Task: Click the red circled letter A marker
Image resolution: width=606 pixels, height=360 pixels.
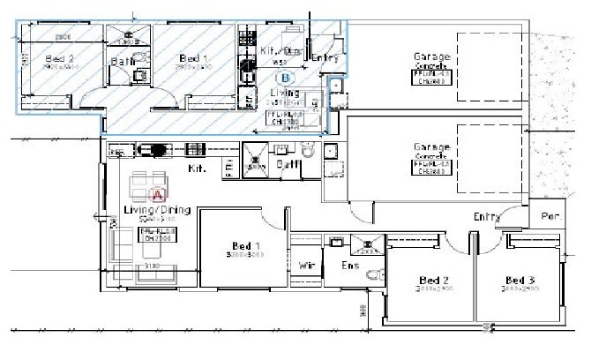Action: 159,191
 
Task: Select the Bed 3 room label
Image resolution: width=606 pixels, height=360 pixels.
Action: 515,278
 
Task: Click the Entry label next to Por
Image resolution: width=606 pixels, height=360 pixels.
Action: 486,217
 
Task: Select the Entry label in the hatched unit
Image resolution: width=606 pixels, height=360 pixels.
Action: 325,57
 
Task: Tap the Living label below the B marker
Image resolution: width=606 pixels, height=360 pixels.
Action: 284,92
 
